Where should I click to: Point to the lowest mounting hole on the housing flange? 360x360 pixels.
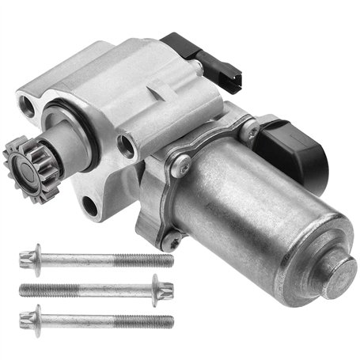tap(89, 207)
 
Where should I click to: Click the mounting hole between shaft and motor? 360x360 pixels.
tap(125, 145)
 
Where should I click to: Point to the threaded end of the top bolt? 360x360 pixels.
tap(146, 260)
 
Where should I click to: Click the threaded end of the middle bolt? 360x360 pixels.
tap(47, 289)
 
